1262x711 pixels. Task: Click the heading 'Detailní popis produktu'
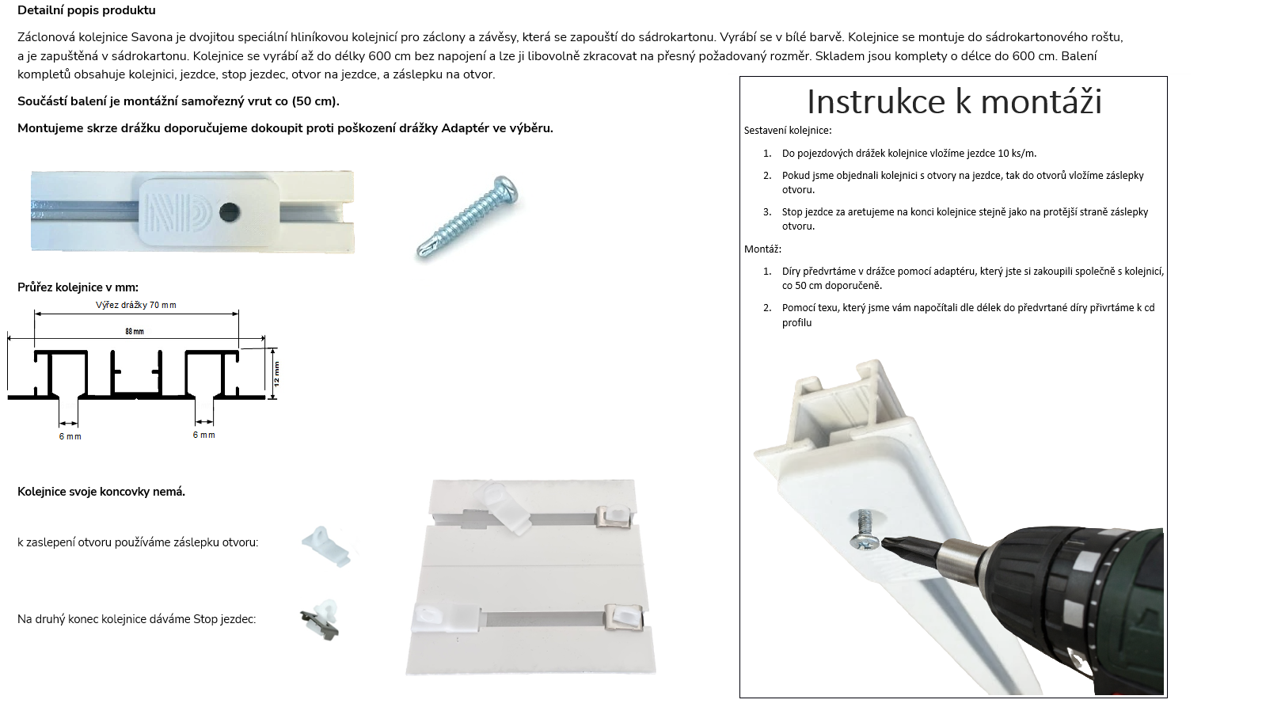click(x=86, y=10)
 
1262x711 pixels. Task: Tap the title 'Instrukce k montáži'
click(x=954, y=101)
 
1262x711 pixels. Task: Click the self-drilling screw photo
click(x=467, y=216)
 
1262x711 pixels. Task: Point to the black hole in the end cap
click(x=229, y=212)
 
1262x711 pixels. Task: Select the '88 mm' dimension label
click(x=135, y=331)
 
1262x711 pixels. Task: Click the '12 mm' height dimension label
click(x=276, y=374)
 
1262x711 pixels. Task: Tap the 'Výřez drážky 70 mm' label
click(x=135, y=305)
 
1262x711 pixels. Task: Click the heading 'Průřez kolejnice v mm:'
click(x=78, y=287)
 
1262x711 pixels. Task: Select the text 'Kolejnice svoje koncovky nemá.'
click(x=101, y=491)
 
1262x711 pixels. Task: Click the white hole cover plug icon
click(x=326, y=546)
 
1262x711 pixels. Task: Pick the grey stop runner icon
click(x=319, y=620)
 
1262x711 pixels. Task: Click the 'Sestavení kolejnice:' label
click(x=788, y=130)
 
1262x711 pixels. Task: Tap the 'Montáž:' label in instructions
click(x=763, y=249)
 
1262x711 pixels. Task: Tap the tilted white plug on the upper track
click(x=502, y=507)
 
